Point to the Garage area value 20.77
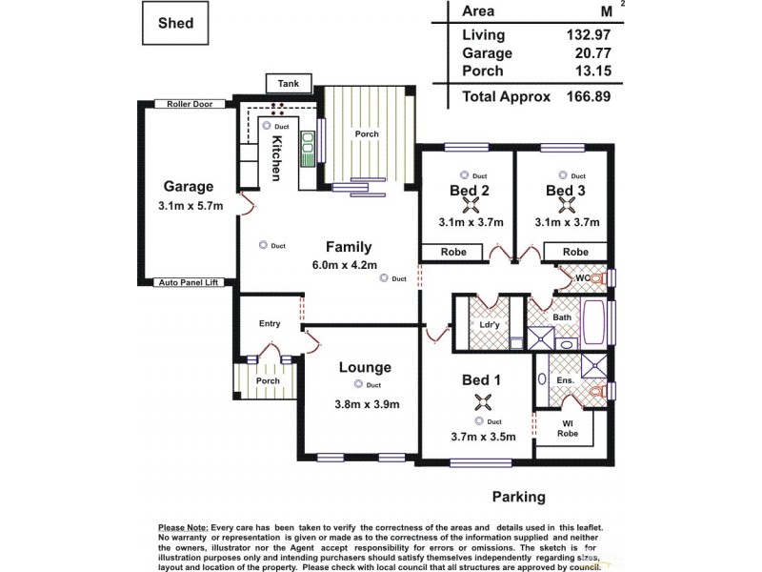pyautogui.click(x=586, y=53)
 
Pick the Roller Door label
pyautogui.click(x=189, y=104)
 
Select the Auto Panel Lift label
pyautogui.click(x=188, y=283)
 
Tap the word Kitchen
pyautogui.click(x=277, y=158)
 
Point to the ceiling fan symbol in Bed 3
pyautogui.click(x=566, y=203)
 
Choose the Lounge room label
pyautogui.click(x=365, y=367)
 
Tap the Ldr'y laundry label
pyautogui.click(x=488, y=323)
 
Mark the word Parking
pyautogui.click(x=518, y=497)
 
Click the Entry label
pyautogui.click(x=270, y=324)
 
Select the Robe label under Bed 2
pyautogui.click(x=453, y=253)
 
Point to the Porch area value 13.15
pyautogui.click(x=586, y=71)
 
